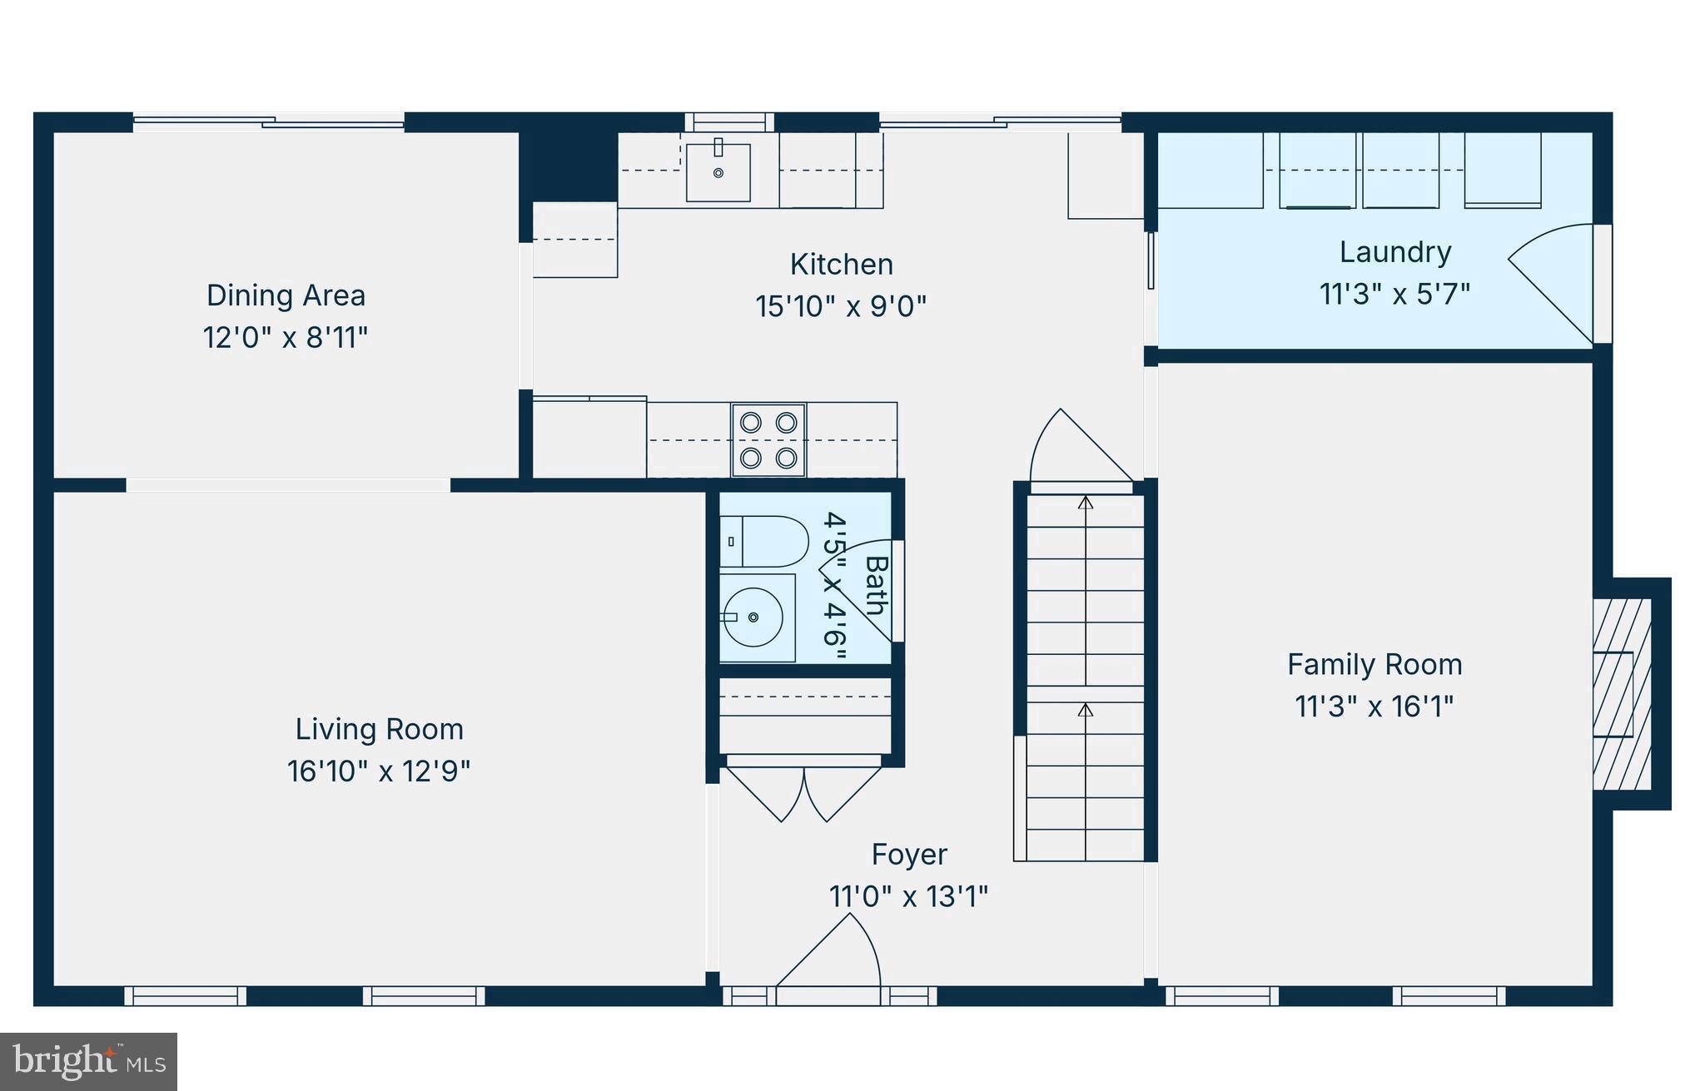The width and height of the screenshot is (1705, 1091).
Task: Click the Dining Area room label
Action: point(286,295)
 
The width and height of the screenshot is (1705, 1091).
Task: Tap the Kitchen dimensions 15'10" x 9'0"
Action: point(841,306)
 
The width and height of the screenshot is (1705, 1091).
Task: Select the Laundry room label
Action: point(1394,251)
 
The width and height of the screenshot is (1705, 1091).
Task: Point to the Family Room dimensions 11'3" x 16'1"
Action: point(1374,707)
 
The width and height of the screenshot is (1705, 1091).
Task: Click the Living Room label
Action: point(379,729)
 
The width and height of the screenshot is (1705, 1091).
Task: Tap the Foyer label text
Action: point(908,855)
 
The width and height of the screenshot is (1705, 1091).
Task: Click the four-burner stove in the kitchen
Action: point(768,440)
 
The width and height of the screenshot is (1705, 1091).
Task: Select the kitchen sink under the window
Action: point(718,172)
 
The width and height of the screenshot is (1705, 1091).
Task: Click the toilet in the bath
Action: point(764,541)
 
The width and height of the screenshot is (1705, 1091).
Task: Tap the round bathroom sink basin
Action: point(753,617)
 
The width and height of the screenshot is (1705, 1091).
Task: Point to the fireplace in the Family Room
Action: point(1621,693)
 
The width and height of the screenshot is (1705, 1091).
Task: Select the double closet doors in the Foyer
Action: point(804,791)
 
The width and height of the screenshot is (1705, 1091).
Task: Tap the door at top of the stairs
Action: point(1078,449)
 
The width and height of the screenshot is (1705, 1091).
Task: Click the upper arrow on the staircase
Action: point(1085,503)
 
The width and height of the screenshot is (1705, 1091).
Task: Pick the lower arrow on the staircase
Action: point(1085,710)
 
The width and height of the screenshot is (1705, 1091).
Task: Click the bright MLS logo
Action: point(88,1061)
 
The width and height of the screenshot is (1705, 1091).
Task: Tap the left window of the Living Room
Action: point(185,995)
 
